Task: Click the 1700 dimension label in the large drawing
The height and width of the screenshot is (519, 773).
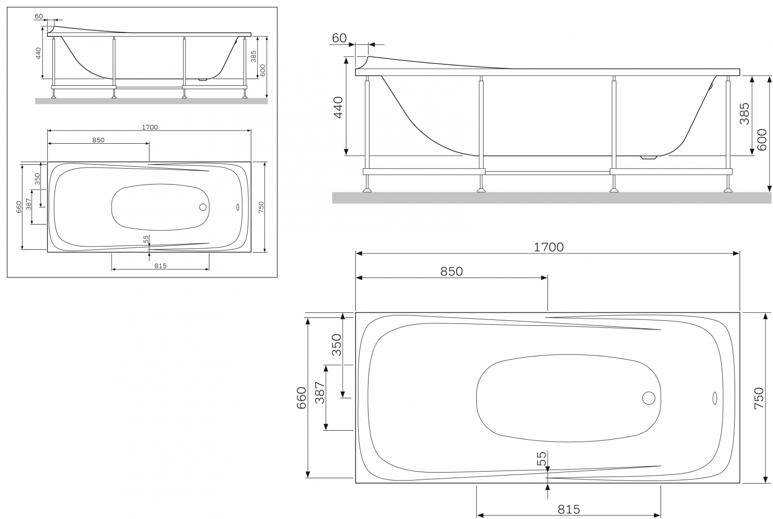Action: click(x=549, y=247)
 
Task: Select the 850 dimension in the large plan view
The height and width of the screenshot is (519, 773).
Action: click(x=451, y=271)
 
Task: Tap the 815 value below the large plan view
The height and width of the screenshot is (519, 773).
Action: click(x=569, y=510)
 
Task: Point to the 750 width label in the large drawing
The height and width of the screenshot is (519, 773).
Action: click(x=759, y=398)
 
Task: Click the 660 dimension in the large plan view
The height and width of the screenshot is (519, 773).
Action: click(x=302, y=398)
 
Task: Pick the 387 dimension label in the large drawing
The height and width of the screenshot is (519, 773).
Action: click(x=320, y=393)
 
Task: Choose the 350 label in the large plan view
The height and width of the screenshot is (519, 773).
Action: click(x=337, y=345)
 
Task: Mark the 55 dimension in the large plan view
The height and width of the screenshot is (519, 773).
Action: click(x=542, y=459)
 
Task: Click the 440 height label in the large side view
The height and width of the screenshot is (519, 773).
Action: click(x=338, y=107)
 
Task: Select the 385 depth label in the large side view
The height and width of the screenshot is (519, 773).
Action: click(x=745, y=113)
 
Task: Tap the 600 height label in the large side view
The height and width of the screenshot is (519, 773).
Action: click(x=762, y=140)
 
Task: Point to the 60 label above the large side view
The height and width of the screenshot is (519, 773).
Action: click(x=339, y=38)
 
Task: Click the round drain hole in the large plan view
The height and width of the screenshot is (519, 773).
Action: click(x=649, y=398)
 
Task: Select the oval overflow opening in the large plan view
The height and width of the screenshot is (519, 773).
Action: click(x=714, y=398)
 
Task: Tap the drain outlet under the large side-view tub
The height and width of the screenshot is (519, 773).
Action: click(x=648, y=158)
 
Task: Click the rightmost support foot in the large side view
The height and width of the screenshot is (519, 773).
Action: click(x=728, y=190)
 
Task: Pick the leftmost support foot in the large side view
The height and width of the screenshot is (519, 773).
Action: click(x=367, y=190)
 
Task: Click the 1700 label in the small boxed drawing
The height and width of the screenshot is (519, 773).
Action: click(x=150, y=127)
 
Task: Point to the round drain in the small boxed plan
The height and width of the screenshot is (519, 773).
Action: click(x=203, y=207)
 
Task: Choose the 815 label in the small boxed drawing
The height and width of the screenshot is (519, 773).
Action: click(x=161, y=266)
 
